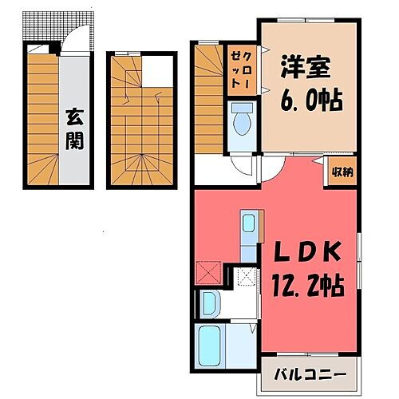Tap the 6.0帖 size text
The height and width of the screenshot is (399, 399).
[307, 101]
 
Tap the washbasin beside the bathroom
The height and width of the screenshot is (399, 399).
[209, 302]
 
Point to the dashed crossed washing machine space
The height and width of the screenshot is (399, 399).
[248, 278]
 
